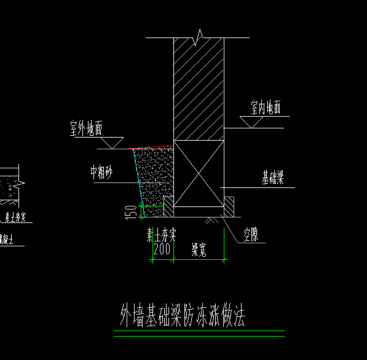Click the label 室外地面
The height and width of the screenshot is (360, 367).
pos(85,129)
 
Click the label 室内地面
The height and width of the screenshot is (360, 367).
pos(266,108)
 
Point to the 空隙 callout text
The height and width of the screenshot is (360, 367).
pos(250,234)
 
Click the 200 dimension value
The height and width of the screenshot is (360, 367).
pos(162,249)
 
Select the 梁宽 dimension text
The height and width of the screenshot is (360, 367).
pos(199,249)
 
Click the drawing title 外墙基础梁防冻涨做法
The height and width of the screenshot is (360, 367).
pos(183,317)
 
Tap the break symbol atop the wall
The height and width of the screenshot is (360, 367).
pos(199,38)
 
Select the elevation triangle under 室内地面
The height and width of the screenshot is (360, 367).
pos(252,123)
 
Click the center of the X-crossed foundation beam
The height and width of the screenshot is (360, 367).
pos(199,173)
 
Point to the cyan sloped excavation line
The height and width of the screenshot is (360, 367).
pos(138,178)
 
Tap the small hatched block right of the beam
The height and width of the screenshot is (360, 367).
pos(229,206)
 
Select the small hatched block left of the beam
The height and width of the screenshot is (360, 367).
pos(168,206)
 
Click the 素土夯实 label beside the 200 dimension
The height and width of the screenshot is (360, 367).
pos(161,235)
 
